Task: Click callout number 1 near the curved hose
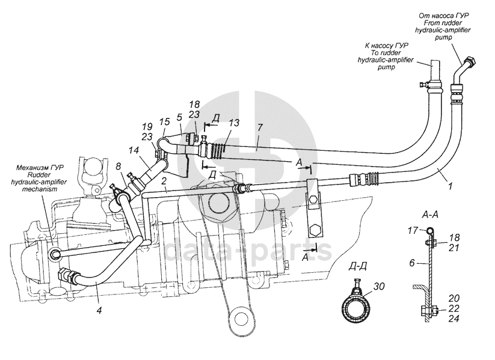tap(450, 186)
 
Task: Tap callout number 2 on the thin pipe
tap(164, 181)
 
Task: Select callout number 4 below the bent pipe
tap(99, 311)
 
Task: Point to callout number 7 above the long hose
tap(260, 128)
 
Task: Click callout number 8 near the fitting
tap(118, 166)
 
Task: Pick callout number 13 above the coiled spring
tap(235, 123)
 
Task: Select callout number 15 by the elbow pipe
tap(164, 122)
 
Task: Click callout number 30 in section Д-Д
tap(380, 286)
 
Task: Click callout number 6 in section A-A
tap(412, 263)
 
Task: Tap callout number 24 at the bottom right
tap(453, 319)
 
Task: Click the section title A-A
tap(430, 216)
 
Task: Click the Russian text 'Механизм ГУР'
tap(40, 168)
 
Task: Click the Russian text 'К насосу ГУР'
tap(386, 46)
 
